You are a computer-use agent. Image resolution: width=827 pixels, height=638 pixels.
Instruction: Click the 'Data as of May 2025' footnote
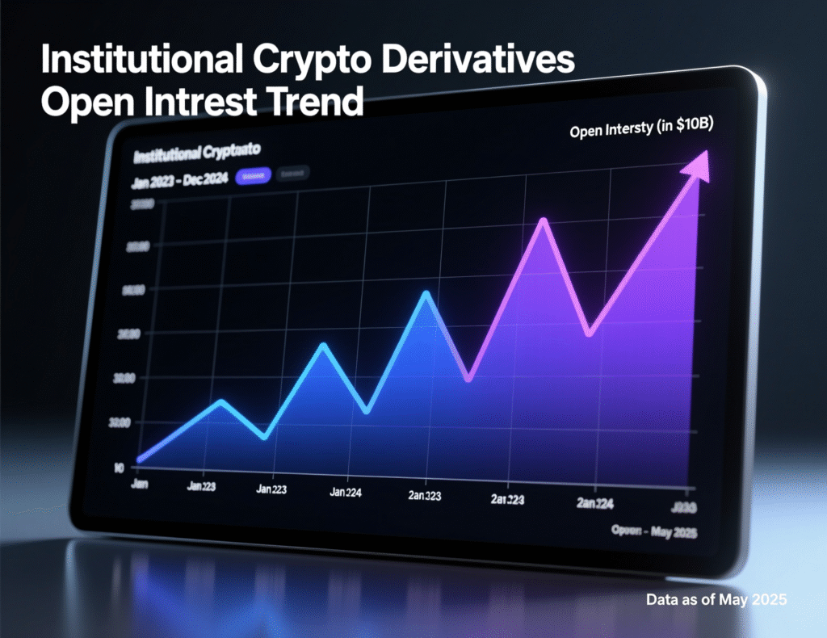[x=716, y=600]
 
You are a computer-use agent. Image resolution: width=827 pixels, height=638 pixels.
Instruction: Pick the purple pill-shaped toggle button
[x=253, y=175]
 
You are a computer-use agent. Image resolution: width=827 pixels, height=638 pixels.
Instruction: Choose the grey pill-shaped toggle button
[x=291, y=174]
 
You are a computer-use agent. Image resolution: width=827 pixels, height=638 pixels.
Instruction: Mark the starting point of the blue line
[x=141, y=459]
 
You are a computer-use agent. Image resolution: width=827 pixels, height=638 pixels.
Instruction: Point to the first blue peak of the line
[x=221, y=401]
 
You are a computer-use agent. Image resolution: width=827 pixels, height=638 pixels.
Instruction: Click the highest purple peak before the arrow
[x=544, y=221]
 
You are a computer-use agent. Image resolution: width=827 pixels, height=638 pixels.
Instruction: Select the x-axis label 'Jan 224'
[x=345, y=492]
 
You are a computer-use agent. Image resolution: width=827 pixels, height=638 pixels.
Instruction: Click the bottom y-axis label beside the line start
[x=119, y=466]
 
